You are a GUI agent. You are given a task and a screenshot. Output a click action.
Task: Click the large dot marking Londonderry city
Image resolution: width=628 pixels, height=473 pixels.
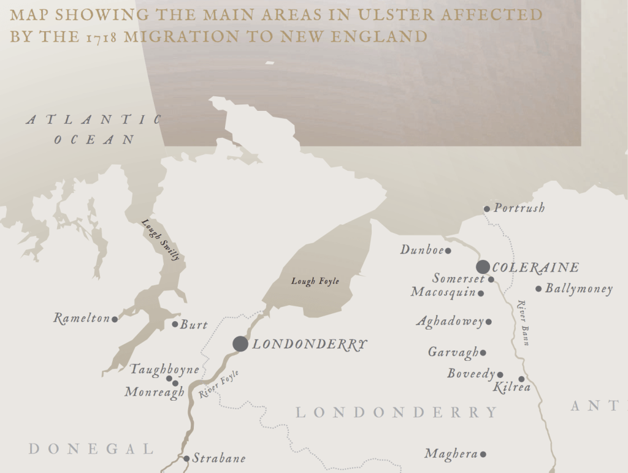(x=240, y=344)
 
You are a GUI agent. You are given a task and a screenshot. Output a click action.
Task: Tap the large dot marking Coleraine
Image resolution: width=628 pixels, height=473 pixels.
(x=483, y=267)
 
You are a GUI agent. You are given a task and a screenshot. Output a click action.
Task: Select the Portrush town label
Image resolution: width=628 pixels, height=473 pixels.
(x=519, y=208)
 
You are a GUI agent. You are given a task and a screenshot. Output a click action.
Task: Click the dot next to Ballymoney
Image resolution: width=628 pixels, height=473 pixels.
(x=538, y=289)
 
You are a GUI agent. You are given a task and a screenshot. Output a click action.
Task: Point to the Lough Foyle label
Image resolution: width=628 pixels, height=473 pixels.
(x=315, y=281)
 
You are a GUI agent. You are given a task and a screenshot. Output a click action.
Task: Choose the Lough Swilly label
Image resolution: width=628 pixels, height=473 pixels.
(x=161, y=240)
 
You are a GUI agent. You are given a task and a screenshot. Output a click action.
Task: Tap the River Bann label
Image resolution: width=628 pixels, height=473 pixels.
(x=523, y=323)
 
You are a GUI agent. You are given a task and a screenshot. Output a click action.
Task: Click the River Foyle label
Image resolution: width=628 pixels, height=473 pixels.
(x=218, y=385)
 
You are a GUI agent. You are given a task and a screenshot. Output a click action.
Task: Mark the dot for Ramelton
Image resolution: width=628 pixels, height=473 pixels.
(x=115, y=319)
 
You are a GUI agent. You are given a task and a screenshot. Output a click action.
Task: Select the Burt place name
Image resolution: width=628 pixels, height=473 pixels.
(x=194, y=325)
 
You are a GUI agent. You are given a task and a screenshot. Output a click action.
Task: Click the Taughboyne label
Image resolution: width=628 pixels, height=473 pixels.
(x=164, y=369)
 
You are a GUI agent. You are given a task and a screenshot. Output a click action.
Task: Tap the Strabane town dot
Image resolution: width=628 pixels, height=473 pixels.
(x=186, y=458)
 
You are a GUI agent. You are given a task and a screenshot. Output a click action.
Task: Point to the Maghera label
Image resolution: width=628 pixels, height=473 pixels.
(x=451, y=454)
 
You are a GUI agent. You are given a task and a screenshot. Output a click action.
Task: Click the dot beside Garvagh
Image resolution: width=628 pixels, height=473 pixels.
(x=483, y=353)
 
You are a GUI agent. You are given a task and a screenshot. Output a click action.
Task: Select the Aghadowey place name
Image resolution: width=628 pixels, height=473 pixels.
(x=450, y=322)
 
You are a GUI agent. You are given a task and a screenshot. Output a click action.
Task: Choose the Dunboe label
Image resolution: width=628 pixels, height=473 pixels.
(x=422, y=250)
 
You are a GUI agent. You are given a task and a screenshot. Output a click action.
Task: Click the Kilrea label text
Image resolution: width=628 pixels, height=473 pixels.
(x=511, y=388)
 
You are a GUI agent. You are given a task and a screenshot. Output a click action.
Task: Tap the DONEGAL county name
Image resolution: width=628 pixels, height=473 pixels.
(x=91, y=449)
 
